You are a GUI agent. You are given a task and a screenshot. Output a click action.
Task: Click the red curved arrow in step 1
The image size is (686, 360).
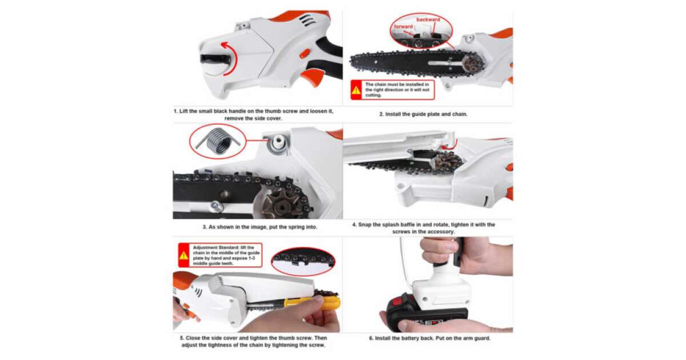[235, 58]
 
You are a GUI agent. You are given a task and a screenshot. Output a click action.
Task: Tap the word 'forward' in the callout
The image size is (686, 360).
[403, 27]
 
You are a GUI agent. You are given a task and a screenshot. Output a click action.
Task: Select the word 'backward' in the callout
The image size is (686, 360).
[428, 19]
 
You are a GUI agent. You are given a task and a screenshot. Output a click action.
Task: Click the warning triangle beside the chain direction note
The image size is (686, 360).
[356, 90]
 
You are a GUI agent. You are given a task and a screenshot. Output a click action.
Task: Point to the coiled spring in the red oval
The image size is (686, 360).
[218, 141]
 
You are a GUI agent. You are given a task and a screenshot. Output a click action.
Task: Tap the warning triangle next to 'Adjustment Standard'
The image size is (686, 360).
[184, 255]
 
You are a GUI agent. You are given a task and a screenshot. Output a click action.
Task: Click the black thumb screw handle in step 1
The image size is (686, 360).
[216, 59]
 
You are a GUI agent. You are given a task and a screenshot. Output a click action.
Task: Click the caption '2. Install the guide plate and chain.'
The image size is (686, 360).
[423, 114]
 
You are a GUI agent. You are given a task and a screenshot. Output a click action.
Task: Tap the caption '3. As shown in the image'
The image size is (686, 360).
[260, 227]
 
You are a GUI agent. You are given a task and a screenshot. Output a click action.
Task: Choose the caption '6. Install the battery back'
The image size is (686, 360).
[430, 338]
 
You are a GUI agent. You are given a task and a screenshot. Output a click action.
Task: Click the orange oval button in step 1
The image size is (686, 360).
[304, 54]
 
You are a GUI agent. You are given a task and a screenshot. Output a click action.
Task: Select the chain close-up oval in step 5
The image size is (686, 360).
[303, 262]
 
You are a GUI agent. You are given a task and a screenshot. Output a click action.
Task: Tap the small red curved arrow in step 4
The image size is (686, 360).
[451, 145]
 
